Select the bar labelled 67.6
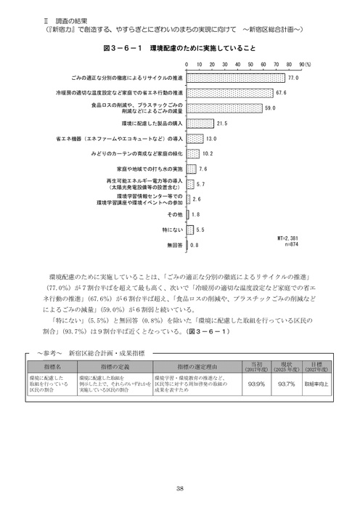[x=230, y=92]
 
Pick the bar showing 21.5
[x=200, y=124]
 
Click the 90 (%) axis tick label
[x=302, y=64]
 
